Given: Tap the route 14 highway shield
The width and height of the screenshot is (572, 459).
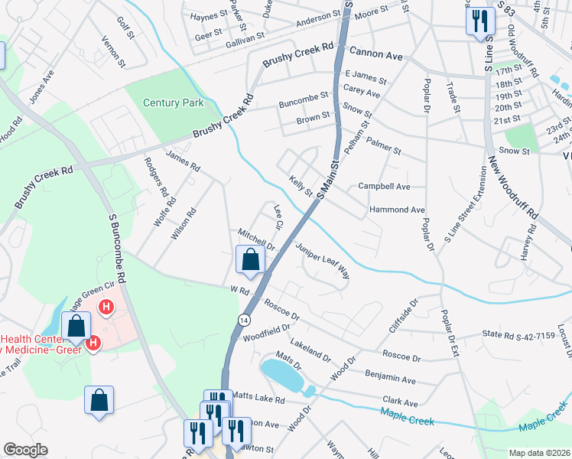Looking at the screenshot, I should pyautogui.click(x=243, y=319).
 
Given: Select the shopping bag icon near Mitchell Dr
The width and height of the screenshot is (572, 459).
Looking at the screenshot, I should pyautogui.click(x=250, y=260).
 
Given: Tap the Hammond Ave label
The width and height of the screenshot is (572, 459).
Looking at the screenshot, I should pyautogui.click(x=396, y=210).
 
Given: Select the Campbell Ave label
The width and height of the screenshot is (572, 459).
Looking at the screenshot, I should pyautogui.click(x=384, y=186).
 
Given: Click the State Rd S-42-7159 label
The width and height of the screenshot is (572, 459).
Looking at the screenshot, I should pyautogui.click(x=518, y=335).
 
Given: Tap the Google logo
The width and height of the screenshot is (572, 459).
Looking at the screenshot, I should pyautogui.click(x=25, y=450).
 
